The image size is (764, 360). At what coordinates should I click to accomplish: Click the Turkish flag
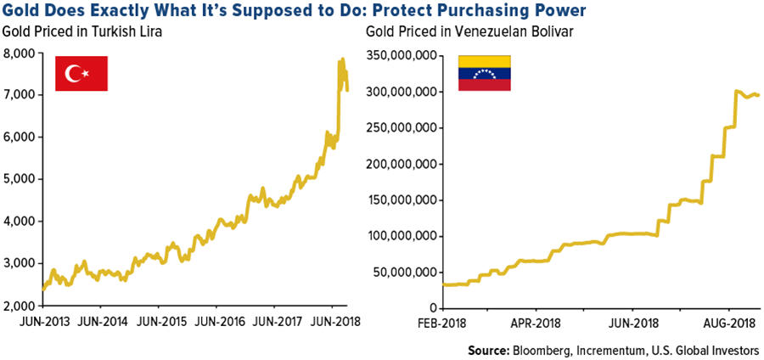point(81,74)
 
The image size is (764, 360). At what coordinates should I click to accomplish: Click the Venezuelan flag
point(485,74)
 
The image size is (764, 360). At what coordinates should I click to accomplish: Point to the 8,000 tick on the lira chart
point(19,53)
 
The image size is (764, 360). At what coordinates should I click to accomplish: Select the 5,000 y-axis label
point(19,179)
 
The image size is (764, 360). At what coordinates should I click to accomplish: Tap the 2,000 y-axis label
point(19,305)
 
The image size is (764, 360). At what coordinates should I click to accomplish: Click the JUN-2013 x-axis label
point(43,323)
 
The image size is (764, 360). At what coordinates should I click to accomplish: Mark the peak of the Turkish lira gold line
point(342,59)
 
